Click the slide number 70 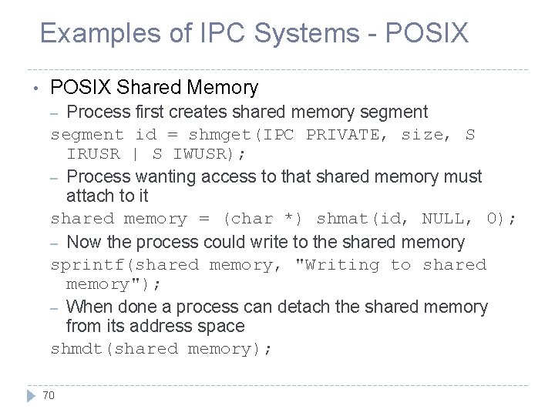(49, 396)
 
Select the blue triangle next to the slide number (31, 396)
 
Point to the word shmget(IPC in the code (247, 135)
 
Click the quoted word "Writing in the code (338, 265)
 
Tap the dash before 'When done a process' (55, 307)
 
